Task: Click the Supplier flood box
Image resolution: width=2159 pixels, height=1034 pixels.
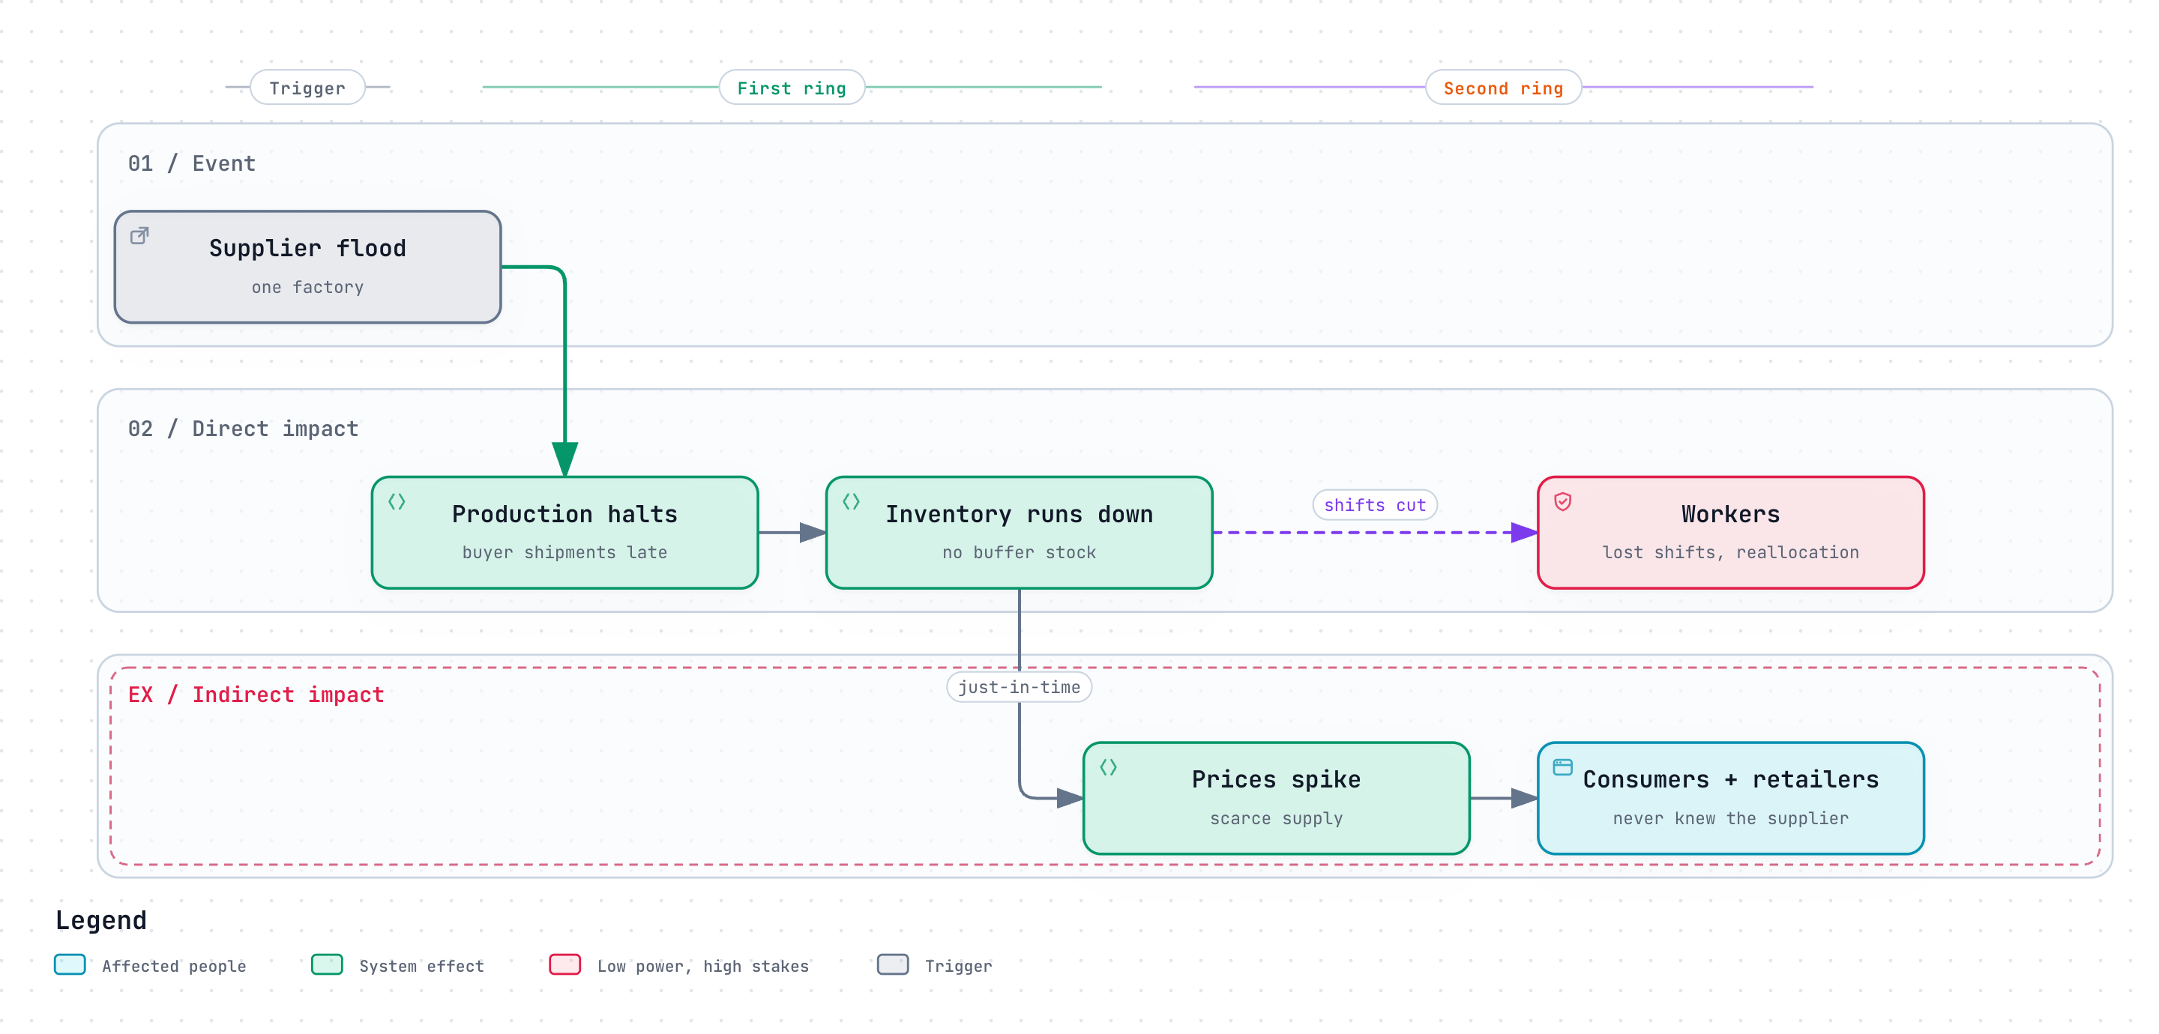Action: [x=307, y=267]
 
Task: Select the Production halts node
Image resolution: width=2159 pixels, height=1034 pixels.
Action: [x=565, y=532]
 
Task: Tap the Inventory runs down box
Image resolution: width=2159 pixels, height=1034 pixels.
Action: [x=1020, y=532]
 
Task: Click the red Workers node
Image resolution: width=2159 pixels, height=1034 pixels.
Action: [x=1731, y=532]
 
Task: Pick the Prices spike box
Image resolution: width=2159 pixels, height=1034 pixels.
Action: [x=1277, y=798]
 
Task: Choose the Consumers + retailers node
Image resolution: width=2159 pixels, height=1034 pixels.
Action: [x=1731, y=798]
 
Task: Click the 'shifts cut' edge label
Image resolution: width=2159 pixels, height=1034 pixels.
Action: [x=1375, y=505]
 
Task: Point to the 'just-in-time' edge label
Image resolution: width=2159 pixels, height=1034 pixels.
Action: [x=1020, y=687]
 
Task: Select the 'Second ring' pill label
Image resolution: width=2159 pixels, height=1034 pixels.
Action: [x=1504, y=87]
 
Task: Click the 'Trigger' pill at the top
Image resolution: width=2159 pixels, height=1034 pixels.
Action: [x=307, y=87]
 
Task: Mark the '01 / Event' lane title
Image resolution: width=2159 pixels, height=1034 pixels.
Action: [x=192, y=163]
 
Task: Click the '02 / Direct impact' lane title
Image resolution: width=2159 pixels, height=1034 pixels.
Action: [x=243, y=429]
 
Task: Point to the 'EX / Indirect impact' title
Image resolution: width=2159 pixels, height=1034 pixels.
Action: [x=256, y=695]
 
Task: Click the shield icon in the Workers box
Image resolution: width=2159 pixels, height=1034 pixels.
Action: [x=1563, y=501]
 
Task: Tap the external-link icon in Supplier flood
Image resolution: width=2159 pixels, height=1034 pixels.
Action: [x=140, y=235]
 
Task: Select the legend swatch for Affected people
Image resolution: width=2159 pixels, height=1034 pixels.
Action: [x=70, y=964]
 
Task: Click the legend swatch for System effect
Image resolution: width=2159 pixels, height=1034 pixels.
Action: [x=327, y=964]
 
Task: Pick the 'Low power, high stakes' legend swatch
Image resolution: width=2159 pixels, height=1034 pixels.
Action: [x=565, y=964]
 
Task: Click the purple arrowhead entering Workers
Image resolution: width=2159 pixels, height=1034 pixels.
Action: [x=1525, y=532]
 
